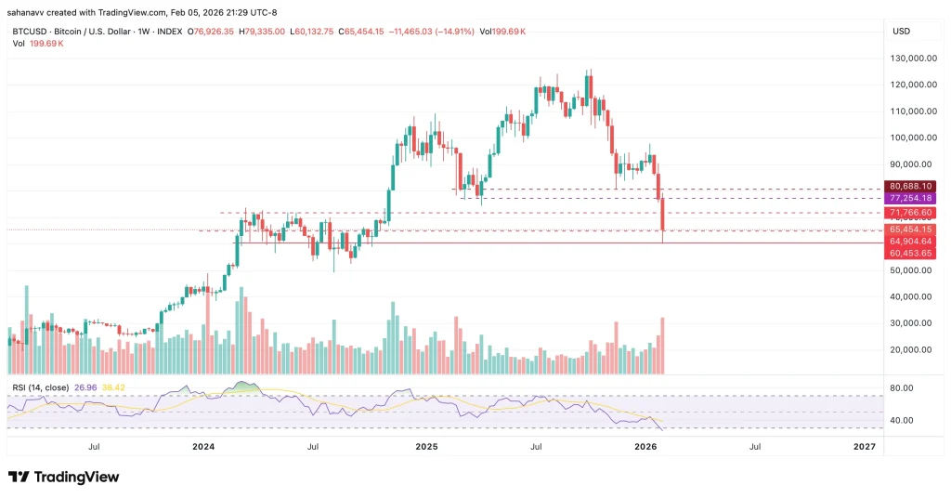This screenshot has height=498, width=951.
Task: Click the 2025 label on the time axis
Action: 425,447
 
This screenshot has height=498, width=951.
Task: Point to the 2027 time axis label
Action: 864,447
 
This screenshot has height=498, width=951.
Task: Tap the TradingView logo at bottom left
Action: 64,477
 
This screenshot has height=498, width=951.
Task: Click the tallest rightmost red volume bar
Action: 662,346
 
